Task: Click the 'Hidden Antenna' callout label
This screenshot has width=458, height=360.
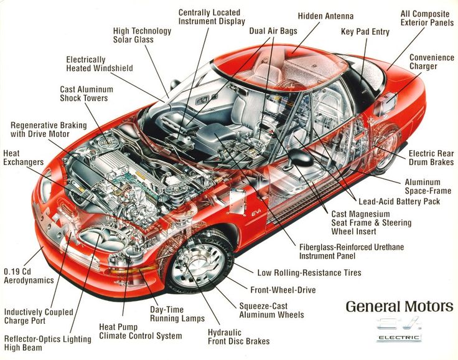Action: [x=325, y=16]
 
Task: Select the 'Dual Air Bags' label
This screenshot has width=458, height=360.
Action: [x=273, y=31]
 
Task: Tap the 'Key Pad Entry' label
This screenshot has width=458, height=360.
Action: [x=365, y=32]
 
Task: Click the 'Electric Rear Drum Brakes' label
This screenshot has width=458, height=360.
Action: [x=430, y=158]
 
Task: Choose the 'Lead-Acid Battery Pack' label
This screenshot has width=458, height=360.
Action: [x=399, y=201]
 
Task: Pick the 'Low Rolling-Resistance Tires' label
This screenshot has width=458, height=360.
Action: [x=309, y=272]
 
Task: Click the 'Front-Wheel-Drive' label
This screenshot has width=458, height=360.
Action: [x=283, y=290]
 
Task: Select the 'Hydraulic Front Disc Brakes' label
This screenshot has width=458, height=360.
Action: [x=238, y=336]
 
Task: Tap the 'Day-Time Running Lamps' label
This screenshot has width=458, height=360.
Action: [x=177, y=314]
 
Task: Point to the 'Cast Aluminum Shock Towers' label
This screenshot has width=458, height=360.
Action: [x=83, y=94]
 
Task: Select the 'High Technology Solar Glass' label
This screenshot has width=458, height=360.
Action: [x=142, y=36]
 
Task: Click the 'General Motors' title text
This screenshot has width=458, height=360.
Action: [x=399, y=306]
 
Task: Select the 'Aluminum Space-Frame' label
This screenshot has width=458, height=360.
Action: [x=431, y=186]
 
